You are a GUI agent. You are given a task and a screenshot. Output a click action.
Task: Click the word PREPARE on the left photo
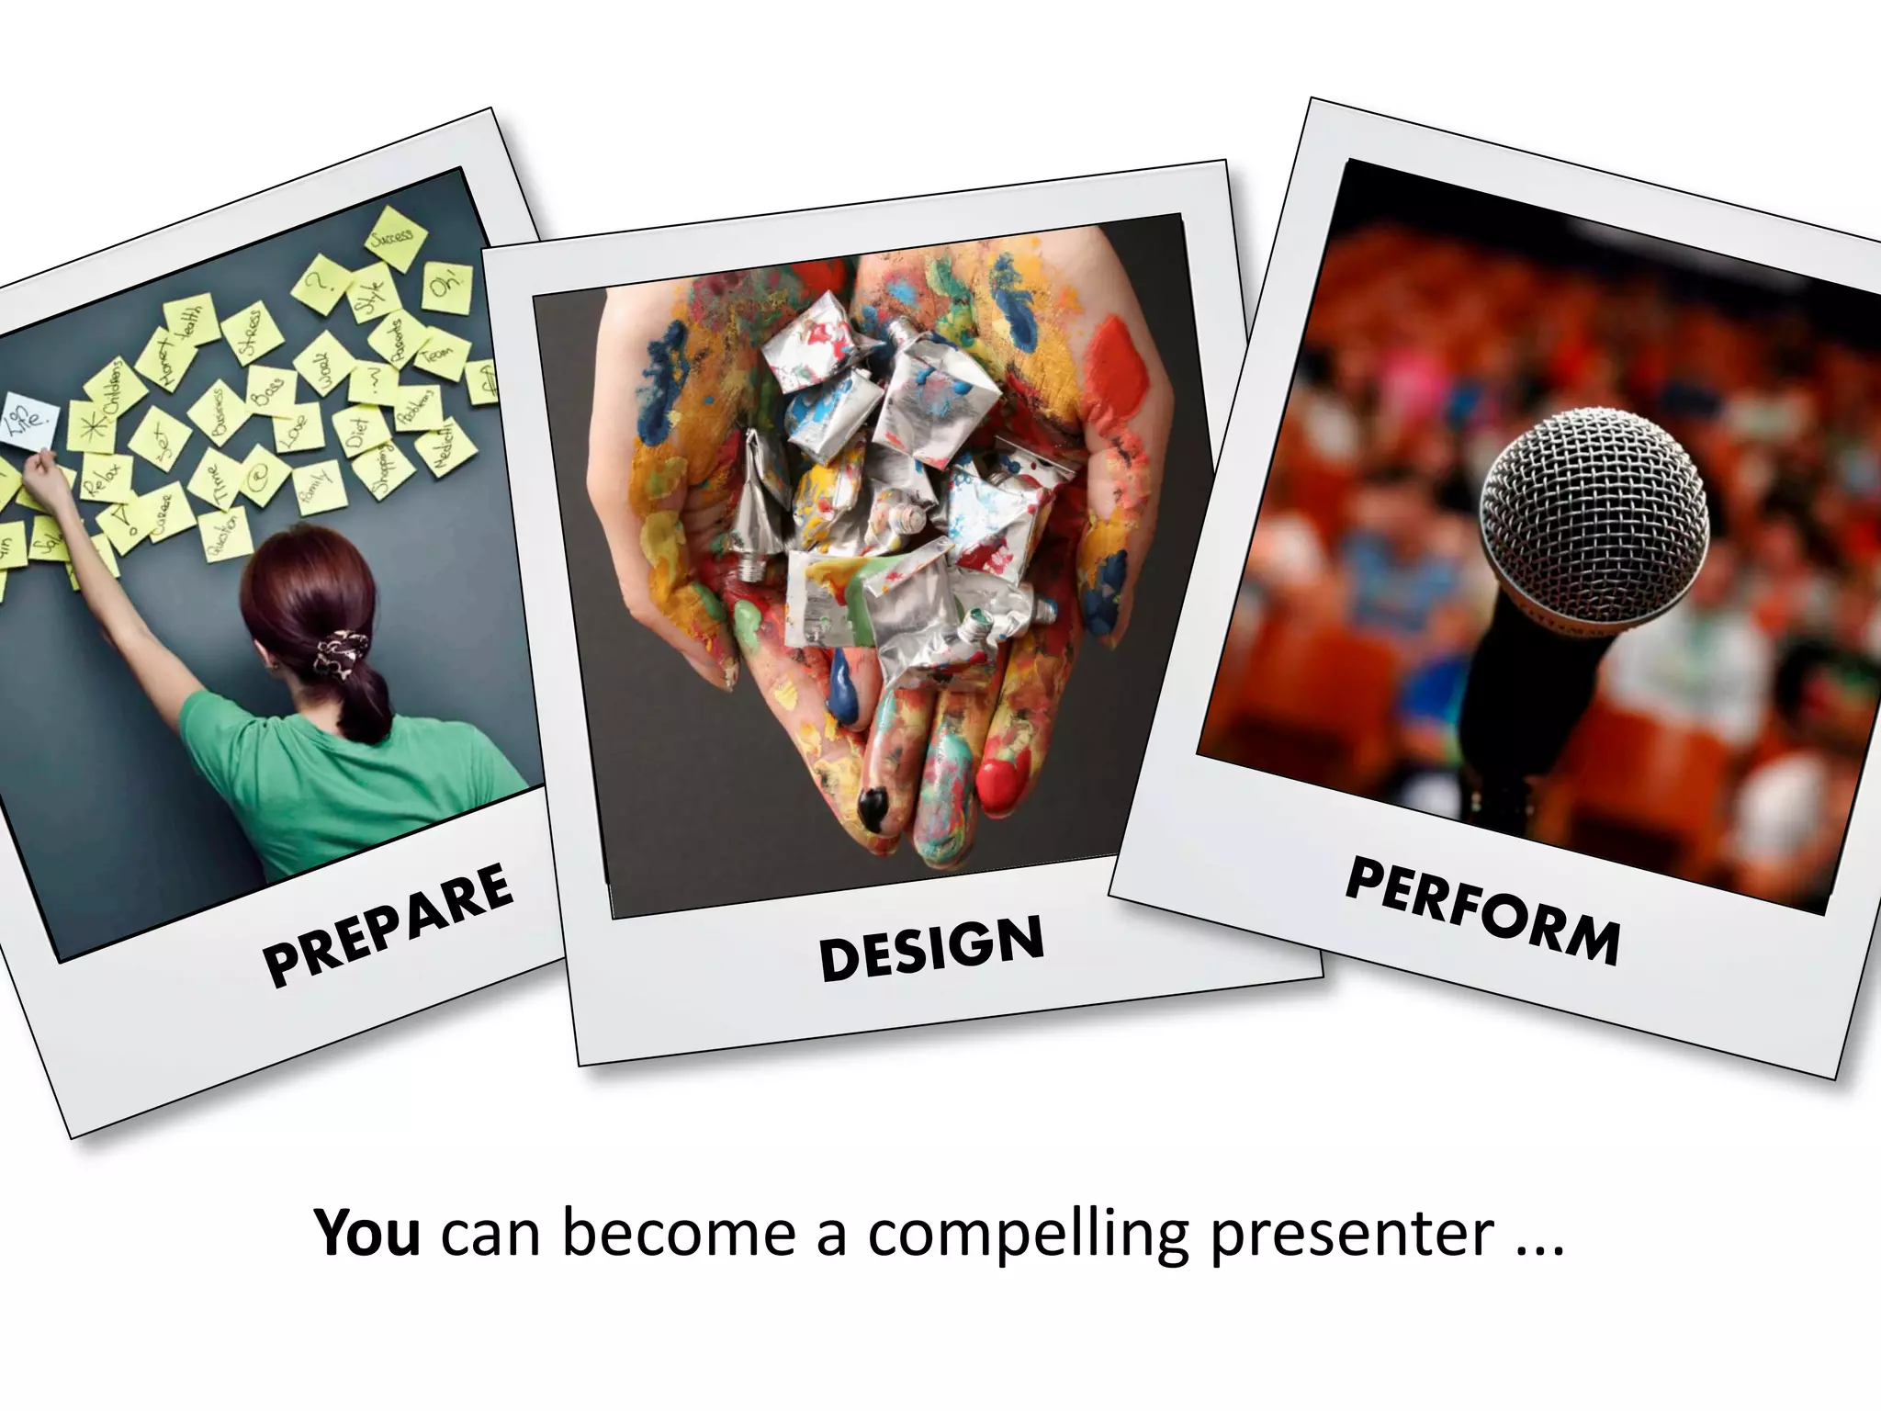(x=388, y=925)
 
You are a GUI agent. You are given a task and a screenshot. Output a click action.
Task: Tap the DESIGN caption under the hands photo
(x=931, y=947)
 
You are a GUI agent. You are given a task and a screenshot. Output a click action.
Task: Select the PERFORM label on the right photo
(x=1482, y=912)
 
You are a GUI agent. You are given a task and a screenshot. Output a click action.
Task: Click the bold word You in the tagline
(x=367, y=1233)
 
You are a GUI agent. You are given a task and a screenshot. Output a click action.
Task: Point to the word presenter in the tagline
(x=1351, y=1233)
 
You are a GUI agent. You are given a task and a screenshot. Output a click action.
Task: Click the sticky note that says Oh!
(x=447, y=287)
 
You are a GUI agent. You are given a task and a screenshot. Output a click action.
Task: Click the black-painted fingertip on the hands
(x=873, y=807)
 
